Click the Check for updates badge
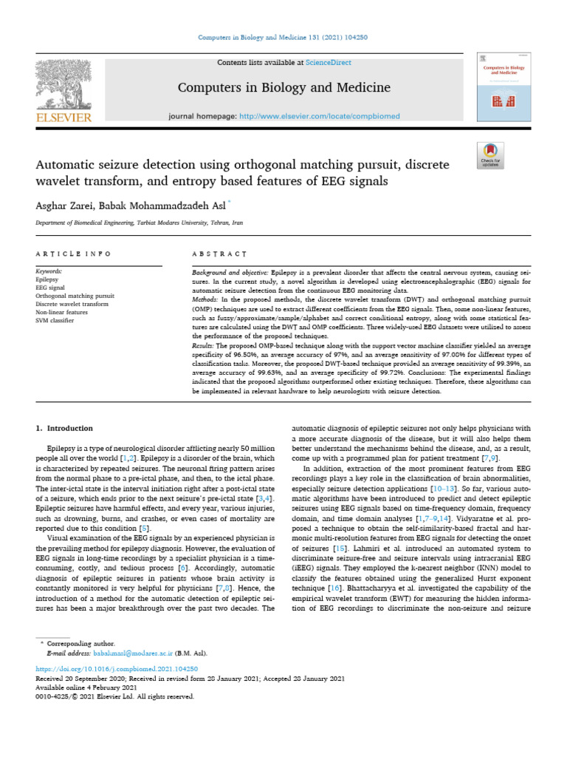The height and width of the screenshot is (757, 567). [490, 155]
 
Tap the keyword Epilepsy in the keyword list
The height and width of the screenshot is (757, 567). [48, 279]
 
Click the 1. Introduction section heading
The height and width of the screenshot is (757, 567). [65, 428]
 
